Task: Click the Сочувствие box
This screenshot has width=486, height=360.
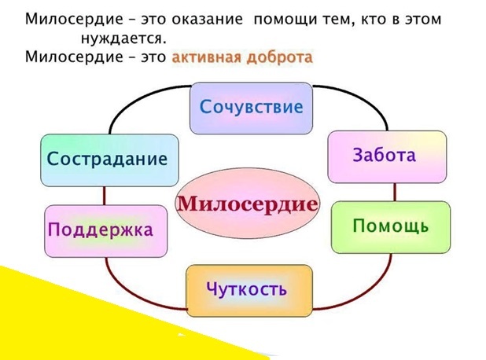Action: point(251,108)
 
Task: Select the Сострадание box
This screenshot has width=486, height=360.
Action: point(109,160)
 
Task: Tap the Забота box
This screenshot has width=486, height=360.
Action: point(385,156)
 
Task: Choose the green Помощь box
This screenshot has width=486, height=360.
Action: point(390,227)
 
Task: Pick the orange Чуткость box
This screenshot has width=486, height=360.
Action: point(248,290)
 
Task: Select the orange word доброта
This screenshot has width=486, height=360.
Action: point(279,57)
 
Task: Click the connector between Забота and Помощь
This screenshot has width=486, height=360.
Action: point(395,192)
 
